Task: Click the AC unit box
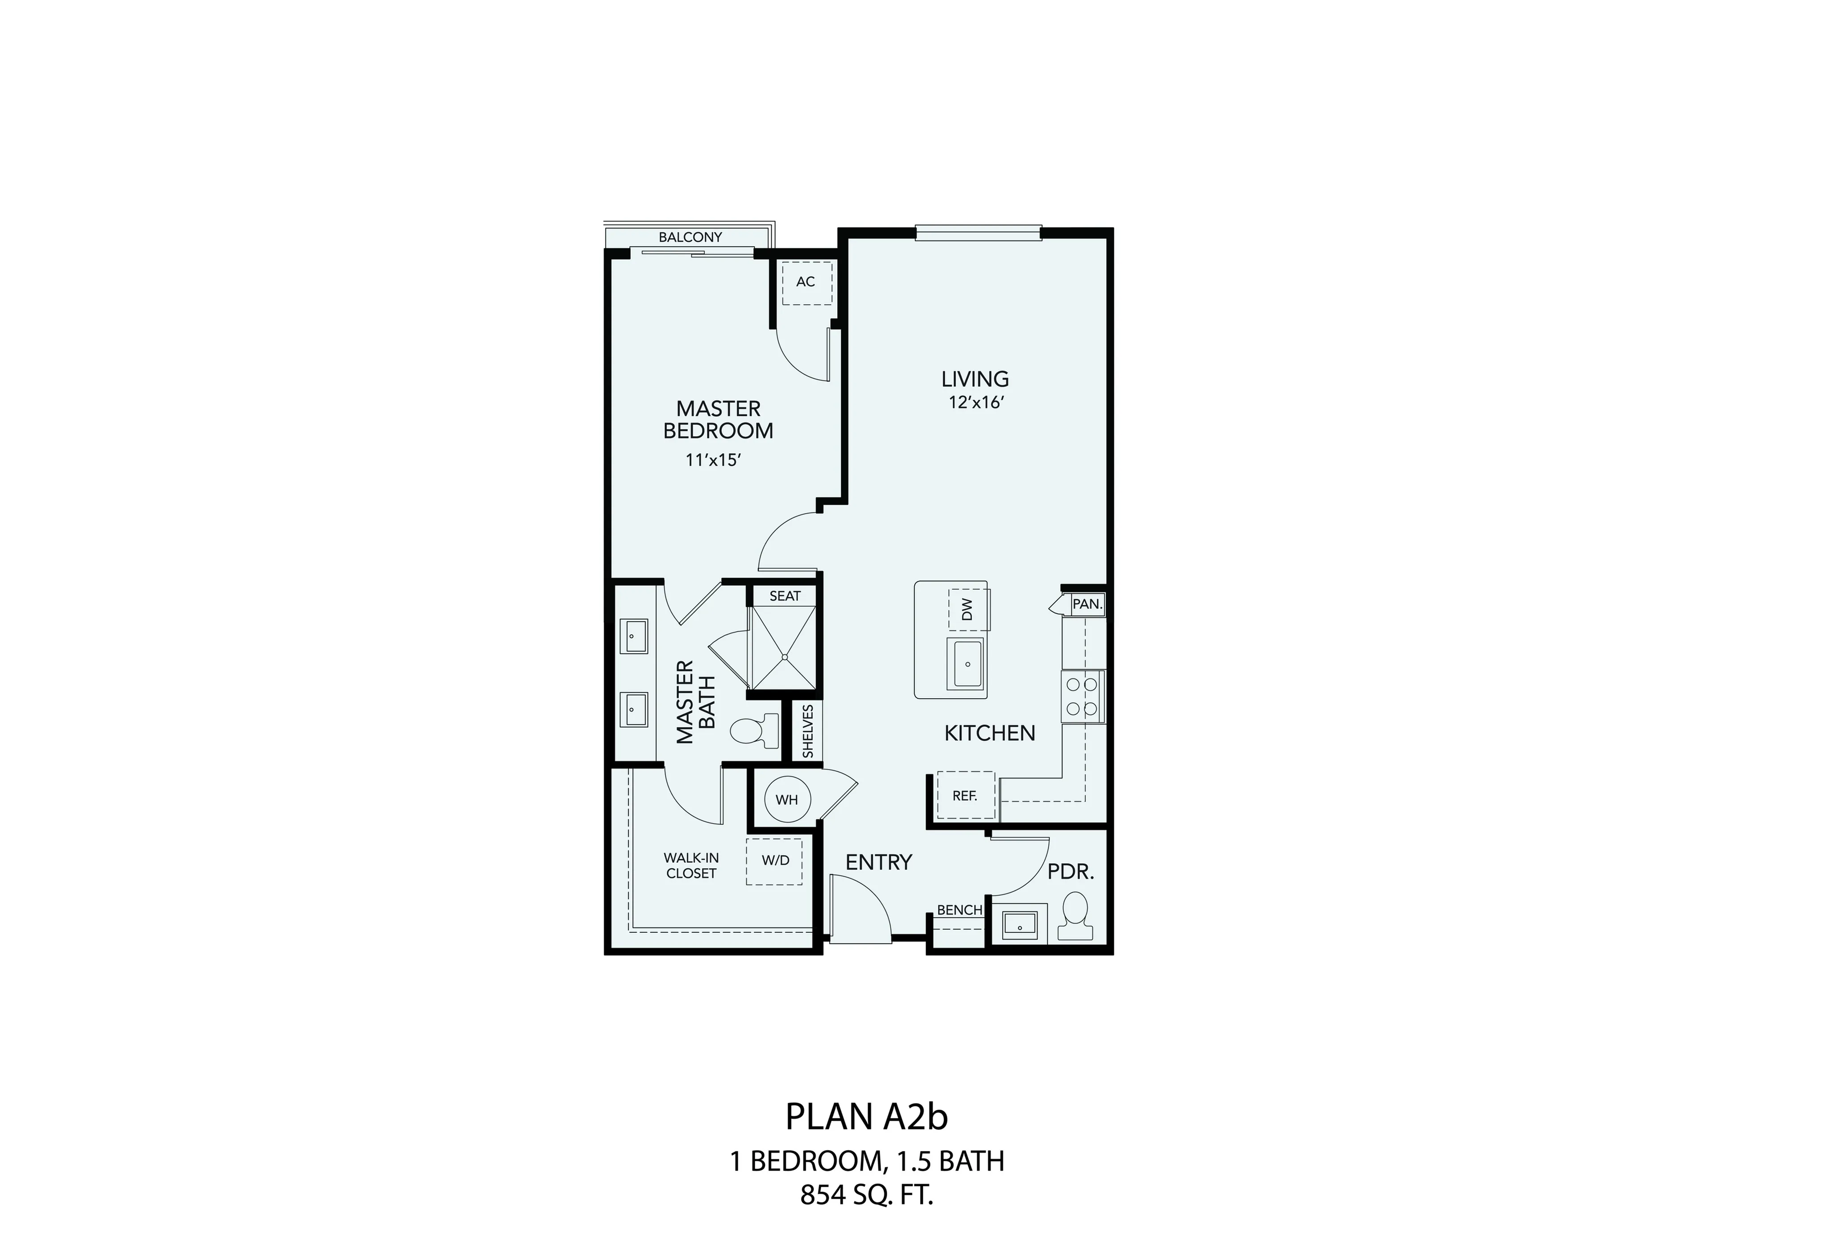806,283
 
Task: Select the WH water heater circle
787,799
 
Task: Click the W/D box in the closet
775,861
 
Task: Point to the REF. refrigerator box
965,795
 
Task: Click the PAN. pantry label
1088,604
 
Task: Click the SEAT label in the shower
785,596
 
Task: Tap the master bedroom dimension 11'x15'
714,460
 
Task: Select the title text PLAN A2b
867,1116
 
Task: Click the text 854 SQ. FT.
867,1196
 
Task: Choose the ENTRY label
878,862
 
